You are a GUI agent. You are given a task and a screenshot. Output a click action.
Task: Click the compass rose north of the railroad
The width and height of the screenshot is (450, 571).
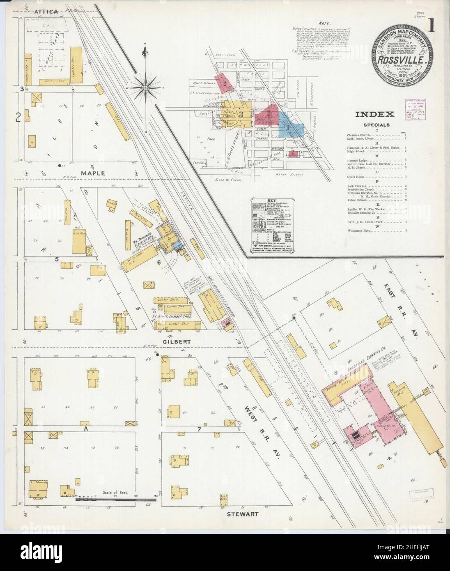[x=146, y=87]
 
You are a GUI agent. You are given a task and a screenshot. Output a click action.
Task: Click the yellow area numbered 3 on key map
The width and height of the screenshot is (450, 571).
[x=242, y=114]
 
